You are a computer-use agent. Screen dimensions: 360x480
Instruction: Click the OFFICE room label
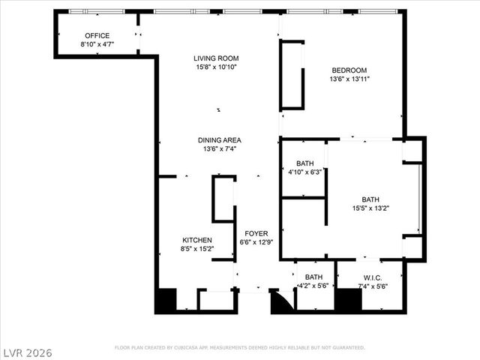click(97, 35)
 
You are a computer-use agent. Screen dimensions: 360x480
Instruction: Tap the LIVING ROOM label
click(215, 58)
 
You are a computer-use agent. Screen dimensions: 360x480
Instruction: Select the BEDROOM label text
click(349, 70)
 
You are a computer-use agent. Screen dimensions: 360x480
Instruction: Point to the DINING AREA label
click(220, 139)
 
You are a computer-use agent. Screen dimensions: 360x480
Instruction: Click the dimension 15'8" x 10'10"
click(215, 67)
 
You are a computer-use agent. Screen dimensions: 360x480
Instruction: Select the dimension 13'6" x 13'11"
click(349, 79)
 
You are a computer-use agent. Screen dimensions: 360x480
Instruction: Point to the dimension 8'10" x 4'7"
click(97, 44)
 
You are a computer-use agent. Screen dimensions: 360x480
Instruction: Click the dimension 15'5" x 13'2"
click(370, 208)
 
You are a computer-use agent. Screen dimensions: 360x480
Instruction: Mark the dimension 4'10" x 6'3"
click(304, 172)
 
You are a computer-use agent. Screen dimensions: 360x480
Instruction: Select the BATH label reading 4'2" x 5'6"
click(313, 277)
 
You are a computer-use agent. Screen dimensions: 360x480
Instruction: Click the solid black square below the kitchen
click(165, 301)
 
